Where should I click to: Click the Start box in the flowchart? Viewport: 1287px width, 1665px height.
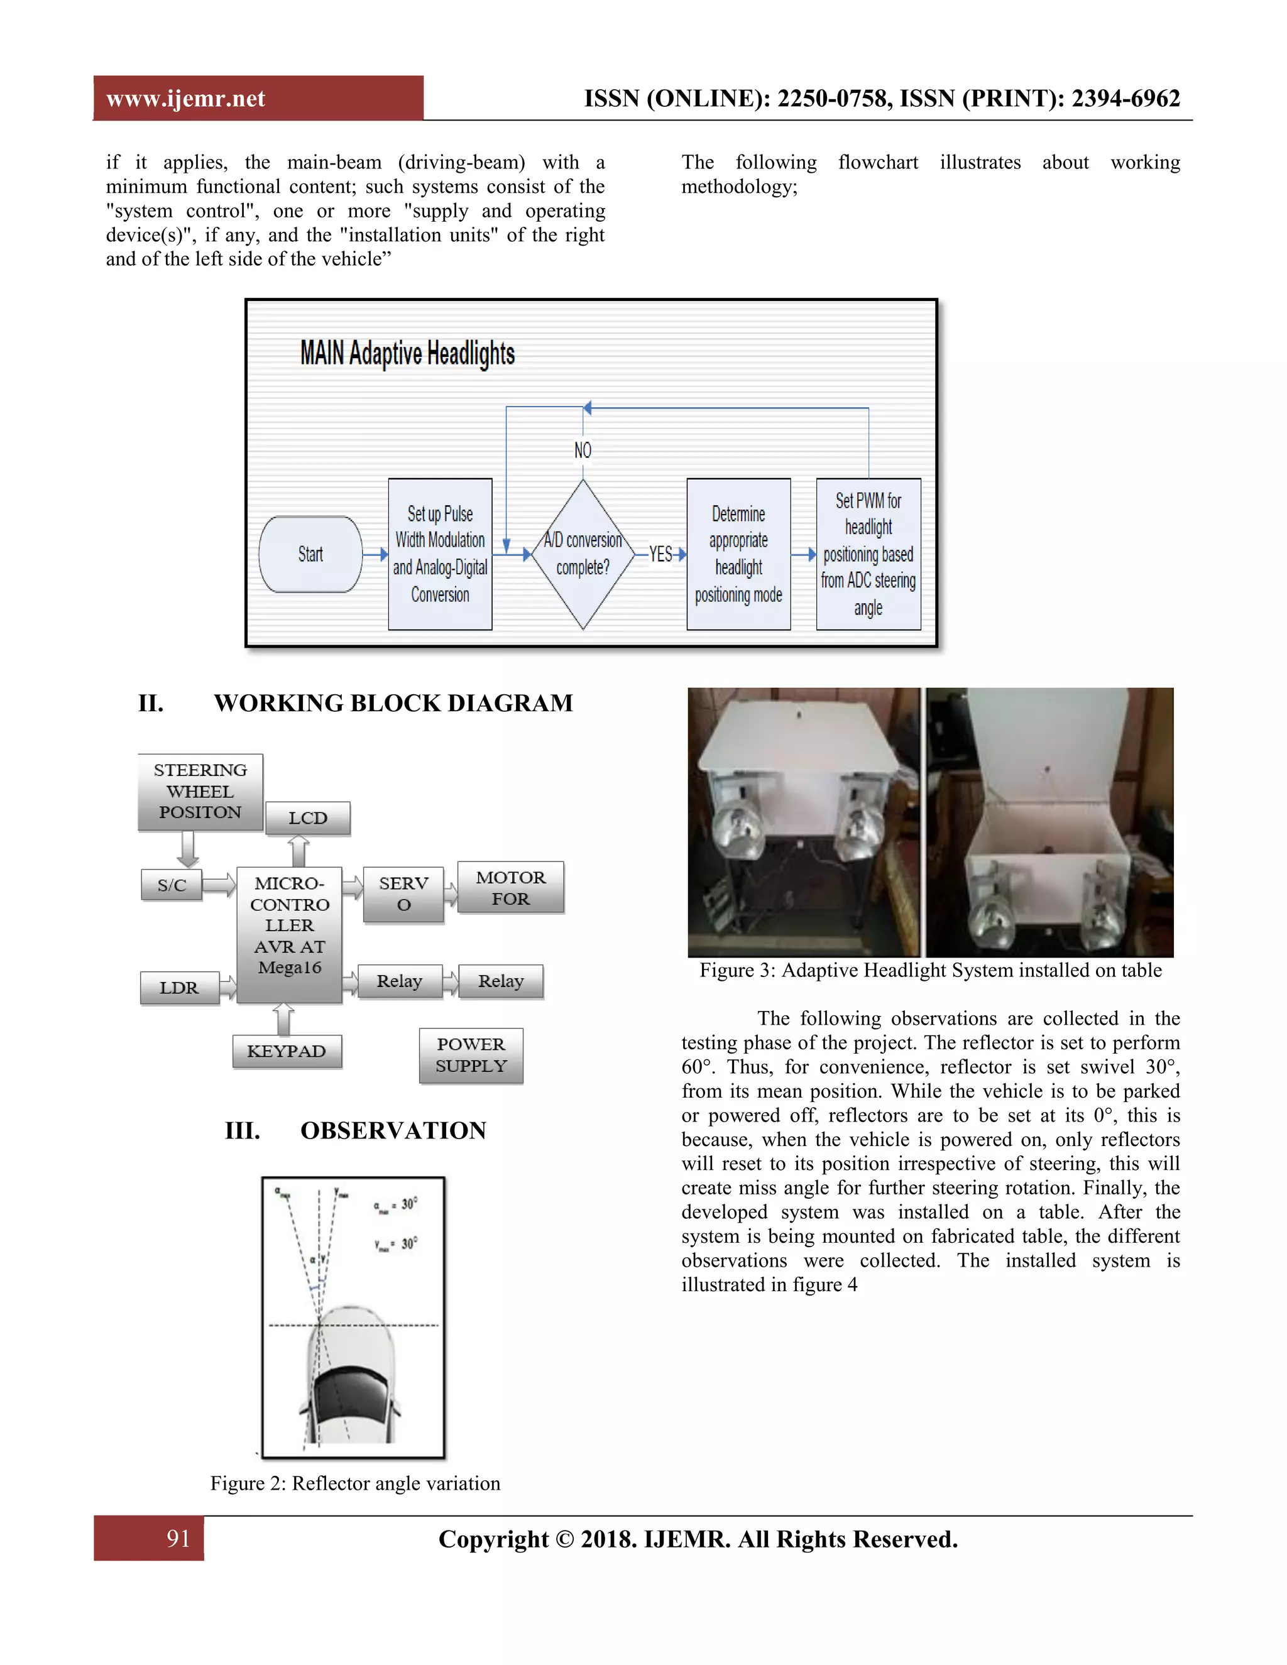[x=310, y=554]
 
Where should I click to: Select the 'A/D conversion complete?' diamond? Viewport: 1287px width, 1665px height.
[x=583, y=554]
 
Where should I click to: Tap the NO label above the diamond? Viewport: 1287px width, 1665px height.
[x=583, y=450]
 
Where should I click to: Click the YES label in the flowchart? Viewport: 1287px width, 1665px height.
[x=660, y=554]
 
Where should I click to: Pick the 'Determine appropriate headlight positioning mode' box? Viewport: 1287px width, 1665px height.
[x=738, y=554]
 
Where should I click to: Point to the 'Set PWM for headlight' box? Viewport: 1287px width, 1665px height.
[x=868, y=554]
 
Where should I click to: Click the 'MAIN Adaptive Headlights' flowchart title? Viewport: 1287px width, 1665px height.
[x=407, y=354]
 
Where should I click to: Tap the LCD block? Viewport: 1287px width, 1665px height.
[x=307, y=818]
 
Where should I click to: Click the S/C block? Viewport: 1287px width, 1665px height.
[x=172, y=885]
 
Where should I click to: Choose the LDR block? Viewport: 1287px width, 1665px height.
[x=179, y=988]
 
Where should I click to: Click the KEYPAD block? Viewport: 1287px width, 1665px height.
[x=287, y=1051]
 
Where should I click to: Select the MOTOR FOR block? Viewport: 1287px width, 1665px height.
[x=510, y=888]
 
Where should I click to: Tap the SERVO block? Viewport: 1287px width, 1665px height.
[x=403, y=894]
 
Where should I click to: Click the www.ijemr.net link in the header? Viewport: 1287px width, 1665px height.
[x=185, y=99]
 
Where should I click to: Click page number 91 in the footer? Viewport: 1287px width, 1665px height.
[x=178, y=1539]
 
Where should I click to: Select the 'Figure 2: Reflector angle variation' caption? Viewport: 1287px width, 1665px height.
[x=355, y=1483]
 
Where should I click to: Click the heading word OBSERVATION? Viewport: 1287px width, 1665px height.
[x=393, y=1130]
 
